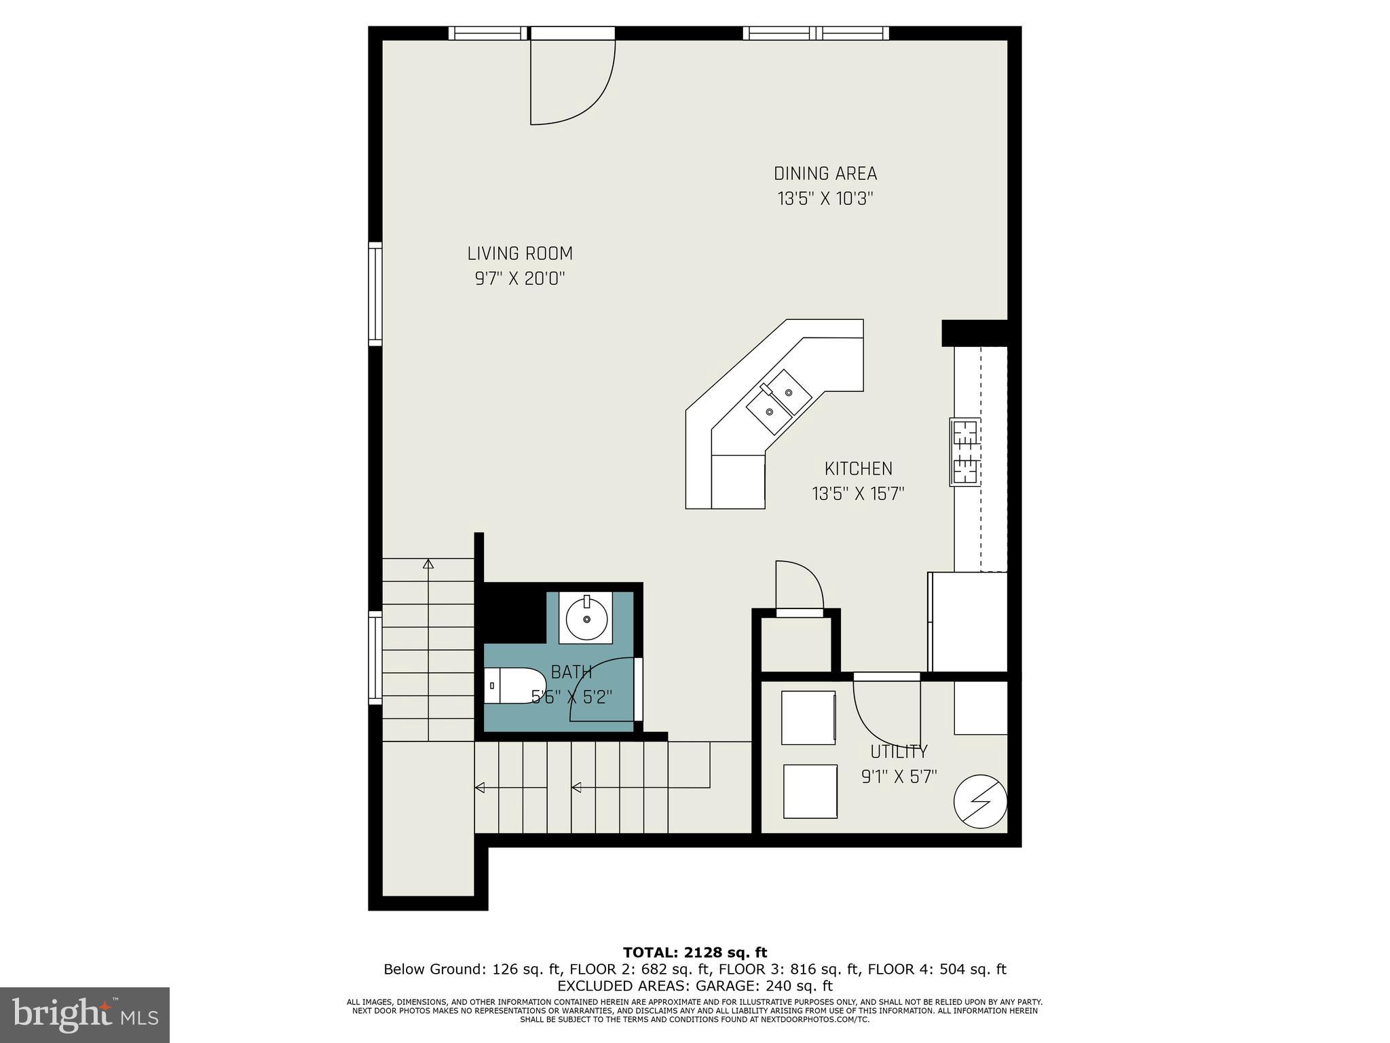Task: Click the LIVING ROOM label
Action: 520,254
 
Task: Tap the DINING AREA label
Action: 825,174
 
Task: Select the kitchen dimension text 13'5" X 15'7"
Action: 859,494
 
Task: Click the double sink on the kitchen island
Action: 779,402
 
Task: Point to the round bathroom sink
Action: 586,618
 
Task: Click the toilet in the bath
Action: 514,686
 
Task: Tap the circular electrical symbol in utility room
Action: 980,801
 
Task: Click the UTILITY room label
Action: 899,752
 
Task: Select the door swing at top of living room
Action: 572,81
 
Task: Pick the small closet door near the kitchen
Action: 799,587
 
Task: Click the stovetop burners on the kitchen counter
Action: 964,452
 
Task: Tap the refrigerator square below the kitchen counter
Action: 968,622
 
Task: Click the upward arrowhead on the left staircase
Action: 428,564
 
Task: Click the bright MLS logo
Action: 85,1015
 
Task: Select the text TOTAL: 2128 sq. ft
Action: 695,953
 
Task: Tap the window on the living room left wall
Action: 375,293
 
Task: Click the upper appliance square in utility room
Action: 808,718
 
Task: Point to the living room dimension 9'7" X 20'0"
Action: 520,278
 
